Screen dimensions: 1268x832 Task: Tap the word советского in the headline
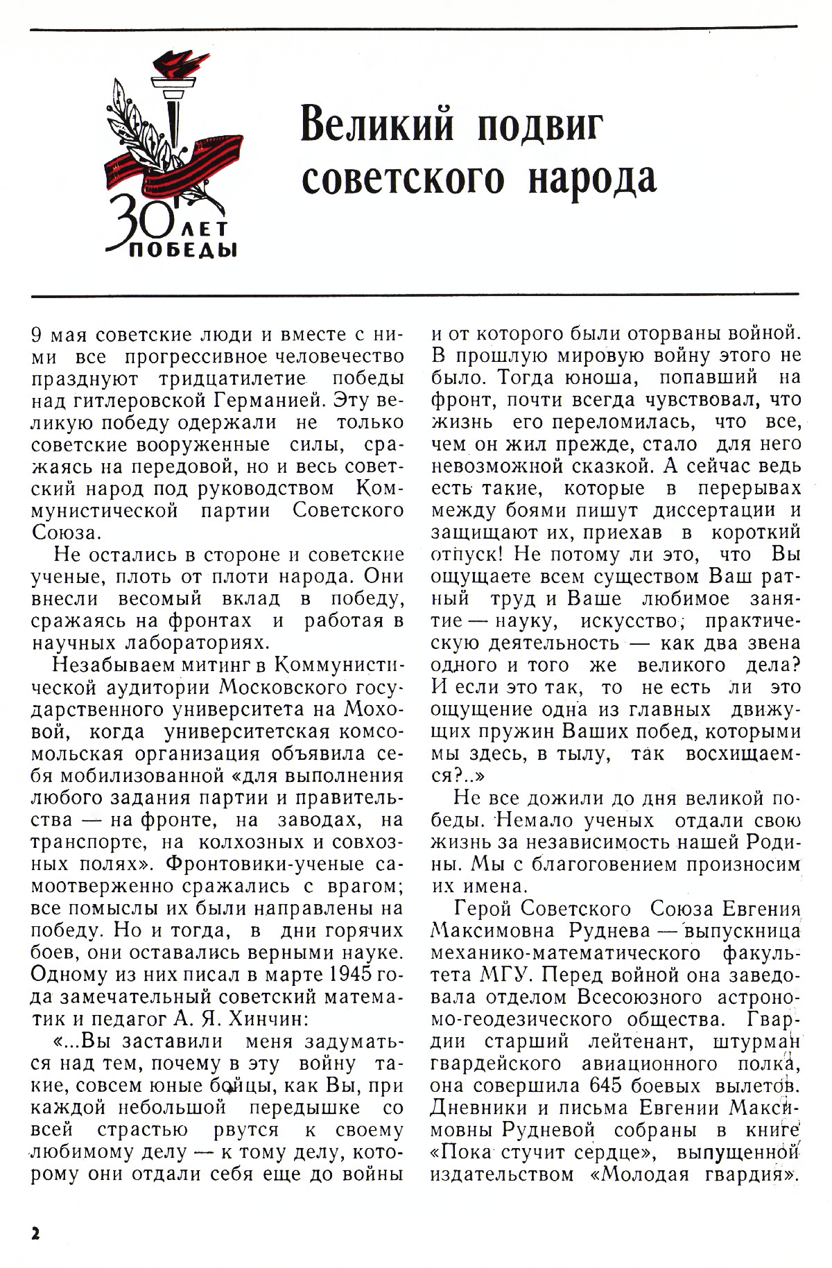click(x=404, y=177)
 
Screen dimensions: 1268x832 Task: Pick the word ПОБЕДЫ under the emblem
click(x=184, y=249)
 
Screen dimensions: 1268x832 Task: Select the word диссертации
click(x=714, y=511)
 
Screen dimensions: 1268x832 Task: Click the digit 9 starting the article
click(x=38, y=334)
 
